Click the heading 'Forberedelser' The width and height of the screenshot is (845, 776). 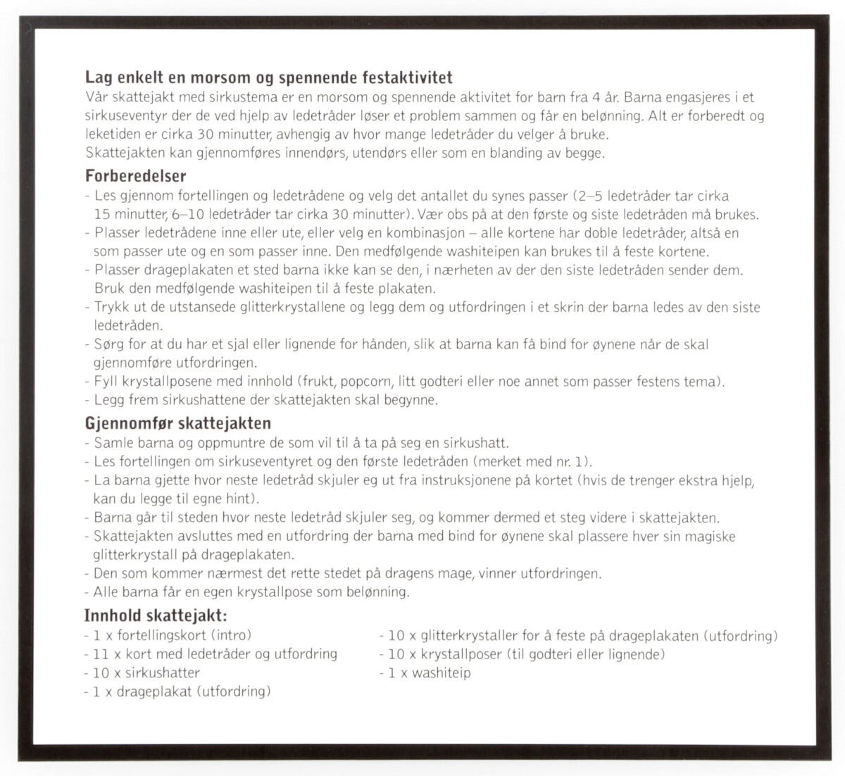pos(135,176)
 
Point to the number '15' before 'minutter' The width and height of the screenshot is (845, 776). pos(101,214)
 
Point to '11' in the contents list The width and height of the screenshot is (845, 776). pos(101,654)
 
